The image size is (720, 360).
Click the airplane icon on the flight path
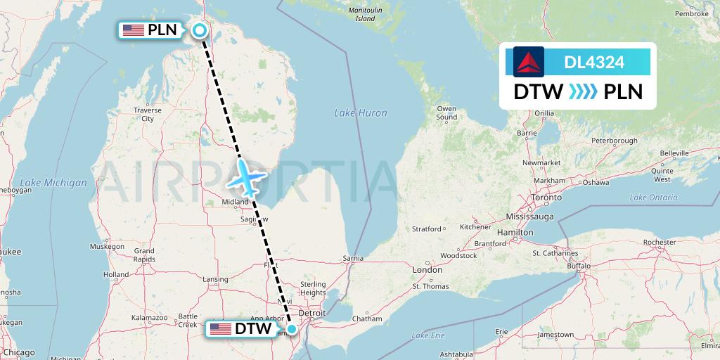click(x=245, y=177)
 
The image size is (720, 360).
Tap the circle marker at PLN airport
click(x=200, y=30)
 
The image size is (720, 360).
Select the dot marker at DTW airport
click(x=292, y=328)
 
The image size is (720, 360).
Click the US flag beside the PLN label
click(x=132, y=30)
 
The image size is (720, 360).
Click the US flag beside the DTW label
click(x=220, y=328)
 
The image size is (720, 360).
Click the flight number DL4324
click(x=594, y=63)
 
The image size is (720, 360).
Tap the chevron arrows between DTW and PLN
click(x=582, y=92)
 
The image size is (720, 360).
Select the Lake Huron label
click(x=360, y=112)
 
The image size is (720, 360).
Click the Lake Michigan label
click(x=53, y=183)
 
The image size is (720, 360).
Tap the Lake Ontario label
click(x=652, y=198)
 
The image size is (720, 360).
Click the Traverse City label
click(x=148, y=115)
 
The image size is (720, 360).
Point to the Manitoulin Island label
click(x=365, y=14)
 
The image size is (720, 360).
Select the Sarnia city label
click(x=353, y=258)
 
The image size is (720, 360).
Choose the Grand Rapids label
click(x=143, y=255)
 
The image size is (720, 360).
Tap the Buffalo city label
click(x=579, y=266)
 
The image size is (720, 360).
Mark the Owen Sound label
click(x=446, y=112)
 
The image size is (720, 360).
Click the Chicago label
click(x=18, y=352)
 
